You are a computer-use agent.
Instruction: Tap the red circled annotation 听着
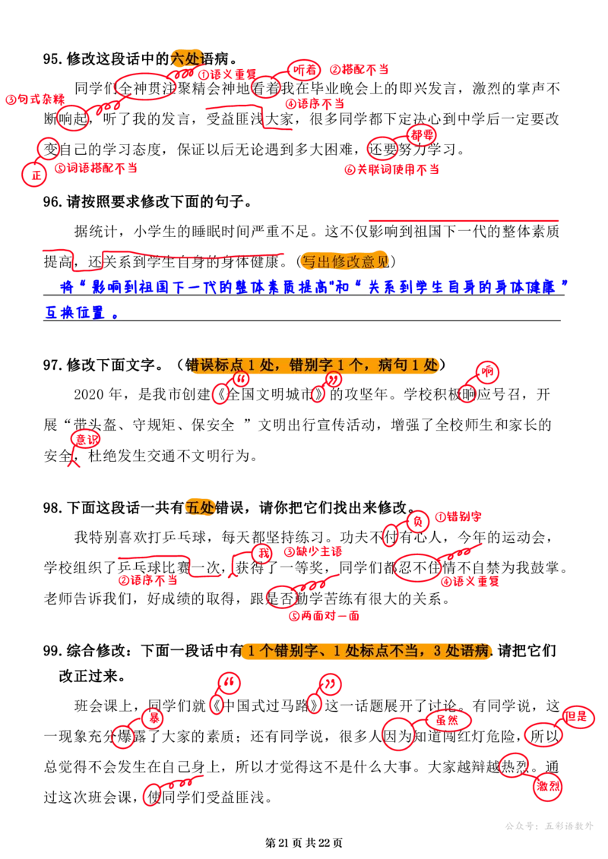pos(304,70)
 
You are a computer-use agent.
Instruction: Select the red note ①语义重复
pos(227,74)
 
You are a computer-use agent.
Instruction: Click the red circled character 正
pos(36,175)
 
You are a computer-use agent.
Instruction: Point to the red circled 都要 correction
pos(422,134)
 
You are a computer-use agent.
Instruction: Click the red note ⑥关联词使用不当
pos(391,169)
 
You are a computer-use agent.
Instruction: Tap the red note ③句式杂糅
pos(35,99)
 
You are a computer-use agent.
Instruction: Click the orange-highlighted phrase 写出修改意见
pos(345,262)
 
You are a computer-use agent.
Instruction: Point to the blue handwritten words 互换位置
pos(74,313)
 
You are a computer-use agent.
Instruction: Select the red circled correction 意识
pos(87,439)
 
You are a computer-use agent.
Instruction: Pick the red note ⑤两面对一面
pos(324,616)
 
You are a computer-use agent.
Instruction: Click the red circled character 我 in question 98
pos(264,554)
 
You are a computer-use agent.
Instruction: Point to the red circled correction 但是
pos(577,716)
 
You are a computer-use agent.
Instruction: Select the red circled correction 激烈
pos(548,786)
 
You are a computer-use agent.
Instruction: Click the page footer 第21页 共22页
pos(304,842)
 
